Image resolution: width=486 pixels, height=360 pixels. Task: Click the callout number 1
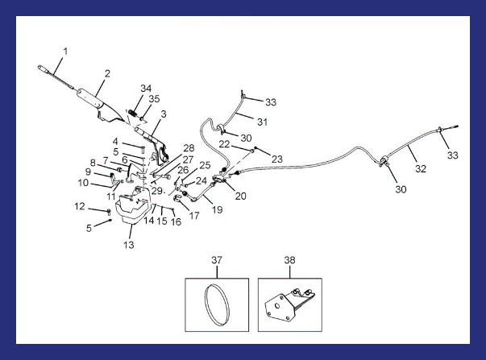pos(65,51)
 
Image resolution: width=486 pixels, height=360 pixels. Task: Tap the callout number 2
pos(107,73)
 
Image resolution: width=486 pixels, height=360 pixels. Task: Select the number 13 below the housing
pos(129,245)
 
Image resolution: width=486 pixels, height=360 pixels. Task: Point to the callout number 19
pos(218,209)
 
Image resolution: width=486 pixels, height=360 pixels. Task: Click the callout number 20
pos(240,196)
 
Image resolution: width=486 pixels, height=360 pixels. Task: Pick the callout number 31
pos(262,122)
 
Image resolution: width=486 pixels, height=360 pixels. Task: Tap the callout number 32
pos(421,168)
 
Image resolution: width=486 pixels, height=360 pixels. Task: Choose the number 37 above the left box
pos(217,260)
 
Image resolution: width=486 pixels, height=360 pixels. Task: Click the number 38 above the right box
pos(290,260)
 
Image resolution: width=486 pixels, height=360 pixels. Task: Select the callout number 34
pos(146,89)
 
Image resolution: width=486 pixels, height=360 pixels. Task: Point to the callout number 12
pos(80,206)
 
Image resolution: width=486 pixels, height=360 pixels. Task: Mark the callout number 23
pos(277,159)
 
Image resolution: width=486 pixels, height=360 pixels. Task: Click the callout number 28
pos(189,147)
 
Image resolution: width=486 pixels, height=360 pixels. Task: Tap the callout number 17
pos(194,216)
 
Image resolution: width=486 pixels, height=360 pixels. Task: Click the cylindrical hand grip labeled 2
pos(90,97)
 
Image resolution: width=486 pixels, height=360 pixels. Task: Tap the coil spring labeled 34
pos(133,113)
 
